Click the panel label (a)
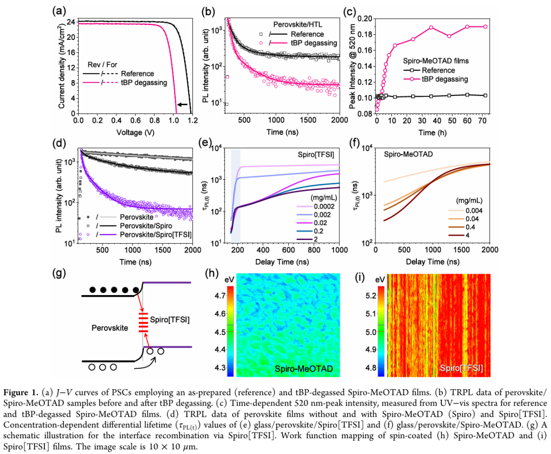(x=59, y=10)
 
